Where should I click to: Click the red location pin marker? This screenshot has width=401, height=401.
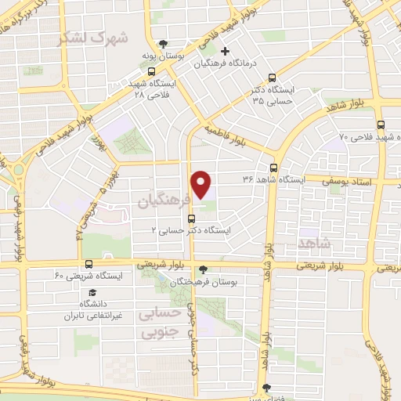click(x=202, y=184)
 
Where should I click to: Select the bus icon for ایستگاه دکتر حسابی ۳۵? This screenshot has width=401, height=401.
click(x=272, y=78)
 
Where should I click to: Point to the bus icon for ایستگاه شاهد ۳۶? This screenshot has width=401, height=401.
click(x=273, y=167)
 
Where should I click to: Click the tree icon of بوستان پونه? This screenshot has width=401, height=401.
click(x=163, y=44)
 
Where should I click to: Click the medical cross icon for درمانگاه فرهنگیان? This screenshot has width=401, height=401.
click(x=224, y=51)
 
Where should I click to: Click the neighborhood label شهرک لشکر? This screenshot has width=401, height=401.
click(x=98, y=37)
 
